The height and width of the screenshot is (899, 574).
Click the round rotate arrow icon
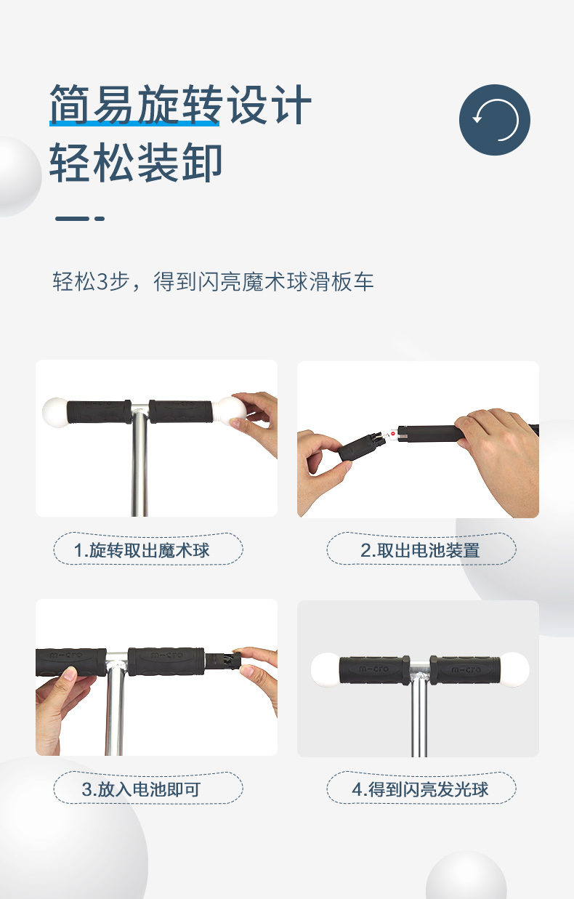[x=495, y=120]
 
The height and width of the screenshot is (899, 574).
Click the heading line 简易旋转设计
[x=180, y=105]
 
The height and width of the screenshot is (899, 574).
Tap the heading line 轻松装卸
[x=136, y=162]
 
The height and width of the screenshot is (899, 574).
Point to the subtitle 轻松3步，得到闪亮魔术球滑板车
[x=213, y=281]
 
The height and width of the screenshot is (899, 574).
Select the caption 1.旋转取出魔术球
[x=142, y=550]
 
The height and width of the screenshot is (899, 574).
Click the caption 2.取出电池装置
[x=420, y=550]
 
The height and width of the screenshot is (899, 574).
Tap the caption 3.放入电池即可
[x=141, y=789]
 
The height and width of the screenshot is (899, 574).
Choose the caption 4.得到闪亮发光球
[x=420, y=789]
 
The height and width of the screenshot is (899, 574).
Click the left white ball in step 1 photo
[x=55, y=412]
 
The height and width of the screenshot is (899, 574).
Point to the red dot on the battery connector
[x=393, y=433]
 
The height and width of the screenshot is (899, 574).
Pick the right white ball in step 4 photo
[x=514, y=669]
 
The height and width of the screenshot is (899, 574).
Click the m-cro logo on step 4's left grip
[x=373, y=669]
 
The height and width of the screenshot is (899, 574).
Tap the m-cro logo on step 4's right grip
[x=466, y=669]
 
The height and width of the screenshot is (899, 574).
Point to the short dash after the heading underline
[x=100, y=219]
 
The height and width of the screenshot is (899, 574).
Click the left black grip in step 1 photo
[x=99, y=412]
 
